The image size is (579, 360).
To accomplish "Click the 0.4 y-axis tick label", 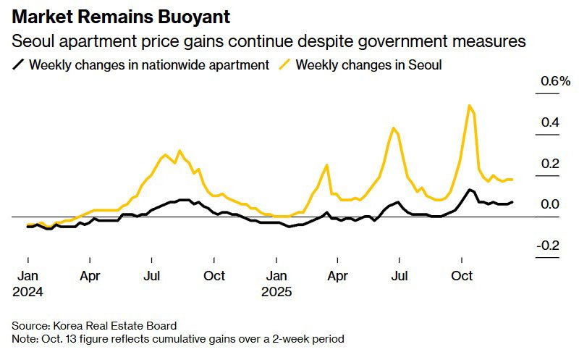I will [x=550, y=122].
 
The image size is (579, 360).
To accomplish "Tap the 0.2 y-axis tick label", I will [x=550, y=164].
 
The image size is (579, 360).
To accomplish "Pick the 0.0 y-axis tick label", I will [x=550, y=205].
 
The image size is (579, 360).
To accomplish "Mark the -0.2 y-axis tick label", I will [x=548, y=246].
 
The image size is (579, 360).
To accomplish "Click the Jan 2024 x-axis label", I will [x=28, y=283].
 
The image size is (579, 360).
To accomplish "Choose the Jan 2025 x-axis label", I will [x=276, y=283].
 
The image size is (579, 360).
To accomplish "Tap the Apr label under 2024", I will [x=90, y=276].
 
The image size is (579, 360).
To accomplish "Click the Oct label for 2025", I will [x=462, y=276].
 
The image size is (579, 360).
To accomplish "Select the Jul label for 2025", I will [x=400, y=276].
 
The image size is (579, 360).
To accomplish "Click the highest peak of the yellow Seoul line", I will [x=470, y=106].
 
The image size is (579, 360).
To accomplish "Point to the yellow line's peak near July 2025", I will [x=394, y=128].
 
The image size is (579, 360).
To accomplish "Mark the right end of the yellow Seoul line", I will [x=512, y=179].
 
